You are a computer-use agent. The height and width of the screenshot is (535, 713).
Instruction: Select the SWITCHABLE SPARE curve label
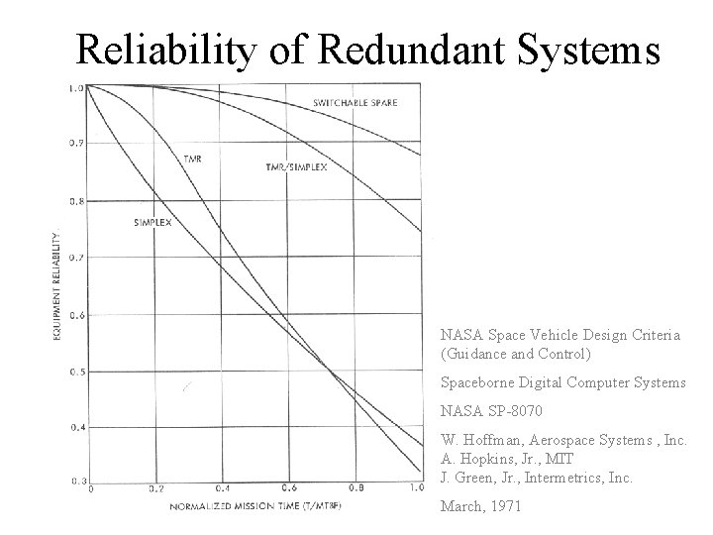point(356,103)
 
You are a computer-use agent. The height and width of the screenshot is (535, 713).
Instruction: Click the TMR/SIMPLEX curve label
point(296,166)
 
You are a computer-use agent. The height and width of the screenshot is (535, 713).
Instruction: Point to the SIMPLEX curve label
point(152,223)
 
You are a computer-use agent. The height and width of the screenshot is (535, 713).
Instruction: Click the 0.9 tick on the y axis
point(75,143)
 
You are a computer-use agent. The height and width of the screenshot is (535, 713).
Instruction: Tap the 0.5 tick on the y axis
point(75,372)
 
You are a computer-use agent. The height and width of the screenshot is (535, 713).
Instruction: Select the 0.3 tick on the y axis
point(75,481)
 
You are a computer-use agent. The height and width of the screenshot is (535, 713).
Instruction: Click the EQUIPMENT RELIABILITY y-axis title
point(57,288)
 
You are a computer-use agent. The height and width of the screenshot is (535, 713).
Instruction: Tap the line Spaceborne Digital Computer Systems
point(561,381)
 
